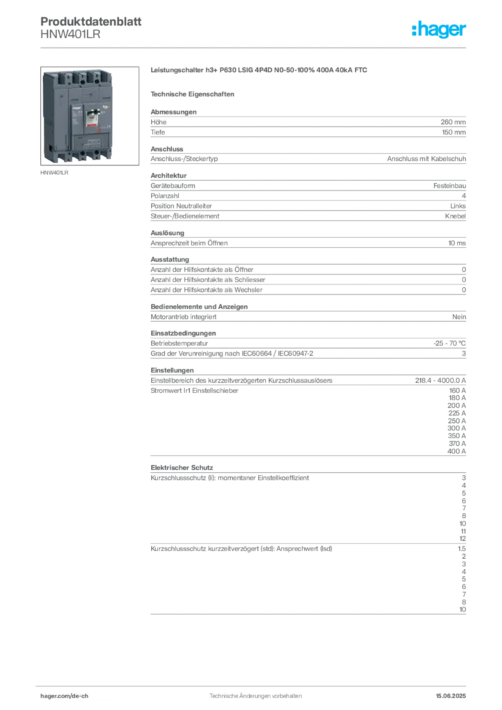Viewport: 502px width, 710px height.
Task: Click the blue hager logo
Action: tap(440, 30)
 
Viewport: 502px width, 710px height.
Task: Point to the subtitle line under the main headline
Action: tap(195, 93)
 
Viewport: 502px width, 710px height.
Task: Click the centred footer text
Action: tap(257, 693)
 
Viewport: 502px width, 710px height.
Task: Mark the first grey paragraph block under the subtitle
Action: tap(308, 124)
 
